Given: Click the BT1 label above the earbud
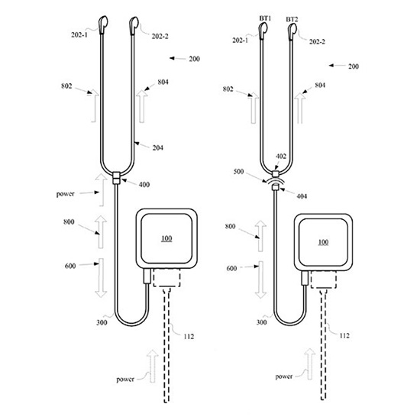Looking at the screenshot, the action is [265, 18].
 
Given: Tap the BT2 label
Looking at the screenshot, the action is [292, 19].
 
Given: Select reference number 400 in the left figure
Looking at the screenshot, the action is [144, 185].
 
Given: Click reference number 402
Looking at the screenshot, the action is [281, 156].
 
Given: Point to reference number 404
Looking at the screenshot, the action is [302, 196].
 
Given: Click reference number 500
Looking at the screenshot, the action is [239, 171].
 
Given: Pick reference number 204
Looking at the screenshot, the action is [157, 147].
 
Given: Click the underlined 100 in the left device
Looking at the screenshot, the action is [166, 238].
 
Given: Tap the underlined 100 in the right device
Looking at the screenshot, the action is [323, 242].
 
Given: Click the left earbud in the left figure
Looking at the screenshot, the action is [103, 25].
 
